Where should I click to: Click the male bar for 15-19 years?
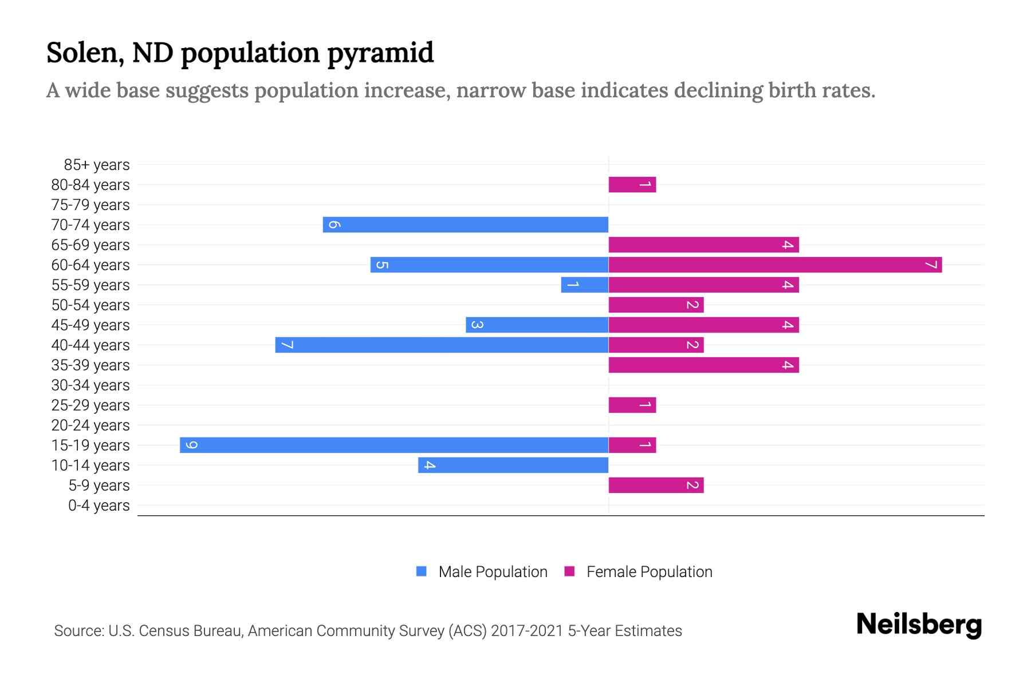click(x=394, y=445)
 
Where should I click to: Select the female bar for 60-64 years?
click(x=775, y=265)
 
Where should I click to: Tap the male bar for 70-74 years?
click(x=465, y=225)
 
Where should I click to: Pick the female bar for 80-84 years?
click(x=632, y=185)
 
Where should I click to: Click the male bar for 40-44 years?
click(x=442, y=345)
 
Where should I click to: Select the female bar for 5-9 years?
click(x=656, y=485)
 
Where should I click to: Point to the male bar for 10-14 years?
click(x=513, y=465)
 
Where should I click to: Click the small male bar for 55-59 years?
click(x=584, y=285)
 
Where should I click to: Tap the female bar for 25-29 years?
click(x=632, y=405)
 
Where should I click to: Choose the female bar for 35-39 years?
click(x=703, y=365)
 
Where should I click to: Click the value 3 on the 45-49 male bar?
click(x=477, y=325)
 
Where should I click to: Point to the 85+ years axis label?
click(x=97, y=165)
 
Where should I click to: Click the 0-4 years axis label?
click(x=99, y=506)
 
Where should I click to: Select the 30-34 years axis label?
click(x=90, y=385)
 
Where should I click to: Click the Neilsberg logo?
click(x=919, y=625)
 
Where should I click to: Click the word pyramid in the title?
click(x=380, y=53)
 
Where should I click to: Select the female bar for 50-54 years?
click(x=656, y=305)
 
